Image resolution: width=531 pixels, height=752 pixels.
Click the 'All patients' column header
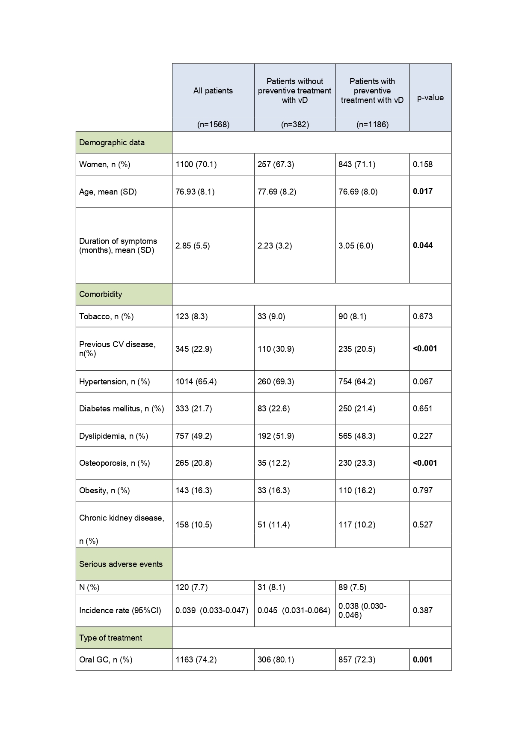click(213, 91)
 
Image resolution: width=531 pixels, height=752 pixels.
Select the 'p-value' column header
click(430, 98)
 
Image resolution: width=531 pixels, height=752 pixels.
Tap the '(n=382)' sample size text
click(295, 125)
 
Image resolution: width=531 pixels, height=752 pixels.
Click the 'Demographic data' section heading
click(112, 143)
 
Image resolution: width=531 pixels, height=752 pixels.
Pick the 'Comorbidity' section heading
click(101, 294)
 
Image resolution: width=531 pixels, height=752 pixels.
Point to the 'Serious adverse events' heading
click(121, 564)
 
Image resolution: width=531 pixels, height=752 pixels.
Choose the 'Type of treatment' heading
click(110, 638)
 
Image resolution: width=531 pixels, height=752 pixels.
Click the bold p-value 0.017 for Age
click(422, 192)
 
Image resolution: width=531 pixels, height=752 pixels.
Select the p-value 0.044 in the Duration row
click(422, 246)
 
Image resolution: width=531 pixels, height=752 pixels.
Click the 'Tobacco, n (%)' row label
click(106, 317)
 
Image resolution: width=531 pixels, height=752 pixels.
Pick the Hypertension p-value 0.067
click(422, 382)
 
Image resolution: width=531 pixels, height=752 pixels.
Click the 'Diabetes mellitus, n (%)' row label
click(122, 409)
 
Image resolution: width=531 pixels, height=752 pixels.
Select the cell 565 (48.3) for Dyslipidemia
click(356, 436)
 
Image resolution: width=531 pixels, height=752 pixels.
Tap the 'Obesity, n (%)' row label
click(104, 491)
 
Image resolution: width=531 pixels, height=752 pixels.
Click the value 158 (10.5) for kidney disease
click(193, 525)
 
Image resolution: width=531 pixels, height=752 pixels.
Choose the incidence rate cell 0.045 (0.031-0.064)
click(294, 611)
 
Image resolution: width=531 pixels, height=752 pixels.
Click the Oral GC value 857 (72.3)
click(356, 660)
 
